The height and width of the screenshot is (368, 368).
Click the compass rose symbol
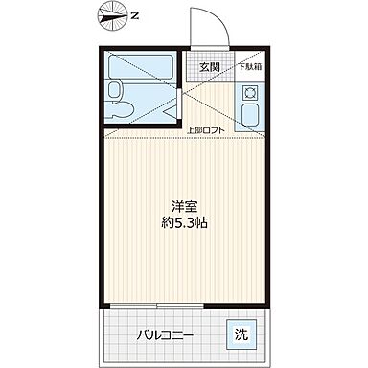point(114,17)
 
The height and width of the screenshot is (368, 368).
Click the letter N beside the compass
point(135,16)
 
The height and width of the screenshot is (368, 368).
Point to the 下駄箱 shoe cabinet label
point(246,66)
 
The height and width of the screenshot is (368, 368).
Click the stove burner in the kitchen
point(249,94)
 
